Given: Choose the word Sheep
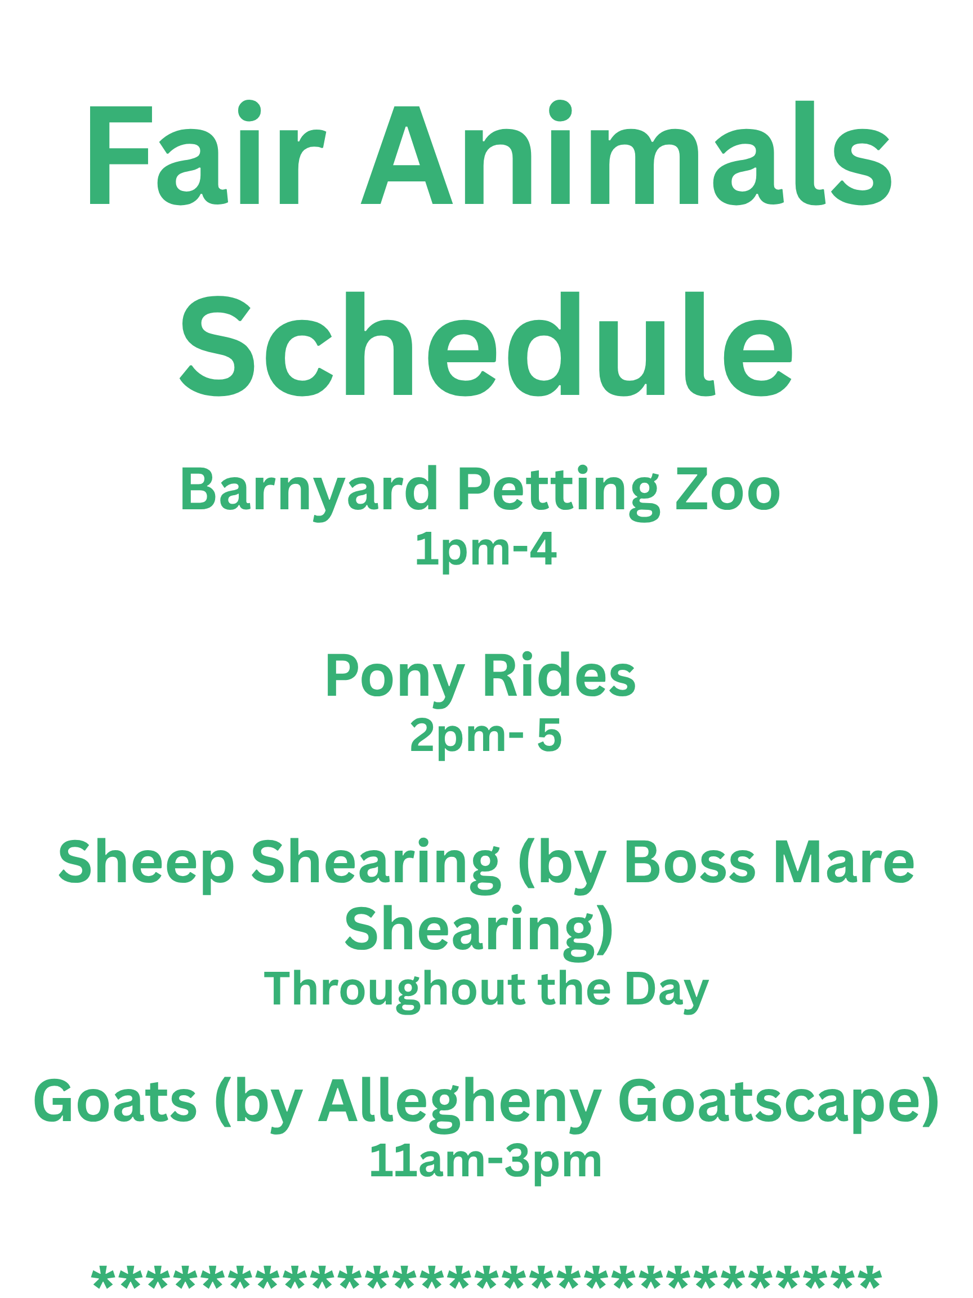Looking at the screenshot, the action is [146, 865].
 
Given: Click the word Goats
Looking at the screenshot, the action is [115, 1101].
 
